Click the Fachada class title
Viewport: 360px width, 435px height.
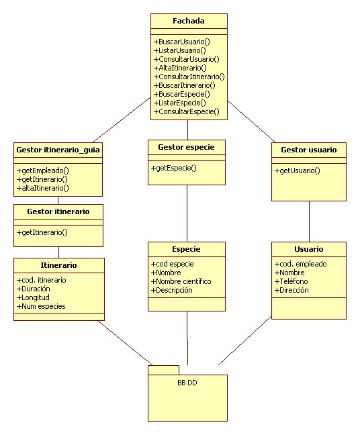point(188,21)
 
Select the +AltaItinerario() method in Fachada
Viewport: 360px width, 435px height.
point(180,68)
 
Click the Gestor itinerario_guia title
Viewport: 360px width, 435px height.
point(58,150)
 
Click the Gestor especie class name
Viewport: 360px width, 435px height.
point(187,146)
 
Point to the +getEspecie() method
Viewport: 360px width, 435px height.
point(174,168)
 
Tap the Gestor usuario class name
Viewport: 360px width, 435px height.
point(309,150)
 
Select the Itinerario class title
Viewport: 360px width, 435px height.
point(58,265)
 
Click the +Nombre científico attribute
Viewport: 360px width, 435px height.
point(182,281)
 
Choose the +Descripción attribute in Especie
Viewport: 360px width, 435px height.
point(173,290)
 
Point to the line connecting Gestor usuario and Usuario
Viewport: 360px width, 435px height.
point(309,222)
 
